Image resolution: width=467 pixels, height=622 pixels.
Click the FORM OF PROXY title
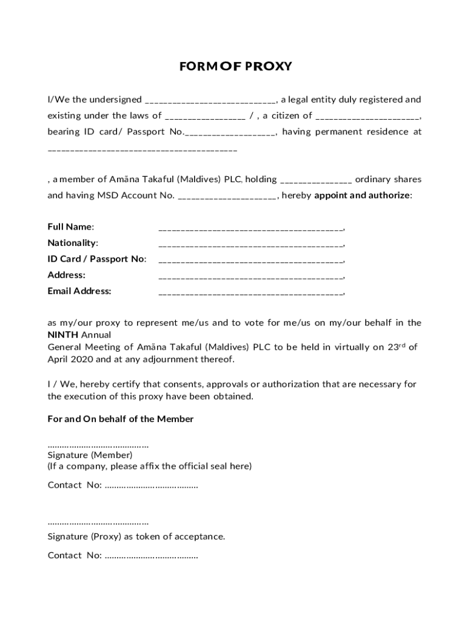pyautogui.click(x=235, y=66)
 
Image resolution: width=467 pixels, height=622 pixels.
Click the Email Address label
pyautogui.click(x=79, y=291)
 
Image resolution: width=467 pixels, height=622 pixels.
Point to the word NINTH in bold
pyautogui.click(x=63, y=335)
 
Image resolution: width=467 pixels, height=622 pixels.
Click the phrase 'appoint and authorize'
pyautogui.click(x=362, y=196)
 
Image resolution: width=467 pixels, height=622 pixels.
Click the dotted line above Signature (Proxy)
pyautogui.click(x=98, y=523)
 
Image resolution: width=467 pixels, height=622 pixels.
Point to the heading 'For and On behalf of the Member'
pyautogui.click(x=121, y=419)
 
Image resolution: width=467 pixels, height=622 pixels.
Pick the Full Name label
pyautogui.click(x=71, y=227)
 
